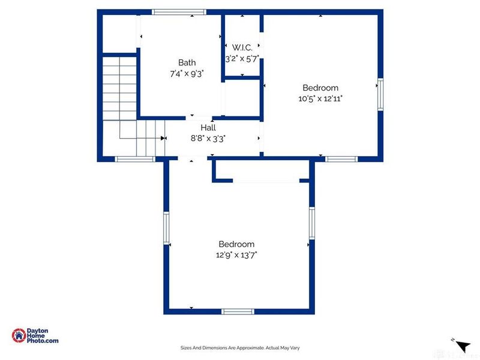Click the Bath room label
187,62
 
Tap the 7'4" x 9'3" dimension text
187,73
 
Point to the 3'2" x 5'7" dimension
241,59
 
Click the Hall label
208,127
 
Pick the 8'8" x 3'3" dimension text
208,138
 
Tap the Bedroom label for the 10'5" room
320,88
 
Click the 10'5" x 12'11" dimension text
320,98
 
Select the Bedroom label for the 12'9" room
236,244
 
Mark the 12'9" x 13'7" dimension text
236,255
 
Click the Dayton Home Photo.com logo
35,335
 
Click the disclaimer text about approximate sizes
239,347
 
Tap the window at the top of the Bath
179,11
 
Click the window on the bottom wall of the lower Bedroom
238,311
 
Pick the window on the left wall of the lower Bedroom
167,229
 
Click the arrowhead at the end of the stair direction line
163,138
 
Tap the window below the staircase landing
135,159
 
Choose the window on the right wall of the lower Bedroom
311,223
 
